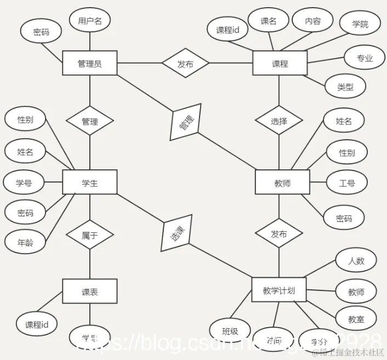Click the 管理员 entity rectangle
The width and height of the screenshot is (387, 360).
pos(90,64)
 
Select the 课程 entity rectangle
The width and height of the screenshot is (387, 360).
pos(280,64)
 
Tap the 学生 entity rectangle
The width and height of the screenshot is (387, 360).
pos(90,182)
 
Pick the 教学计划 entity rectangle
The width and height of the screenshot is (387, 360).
pos(278,290)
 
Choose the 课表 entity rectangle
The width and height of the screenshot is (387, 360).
pos(90,292)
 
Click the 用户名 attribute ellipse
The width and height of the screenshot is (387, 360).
pos(90,21)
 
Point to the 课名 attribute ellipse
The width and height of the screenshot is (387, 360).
pos(269,21)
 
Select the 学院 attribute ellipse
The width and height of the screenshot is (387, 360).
pos(360,24)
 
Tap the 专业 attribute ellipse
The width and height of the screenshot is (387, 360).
pos(365,58)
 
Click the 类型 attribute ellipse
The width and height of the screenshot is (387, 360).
pos(345,87)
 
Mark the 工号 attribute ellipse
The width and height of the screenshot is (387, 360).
pos(347,182)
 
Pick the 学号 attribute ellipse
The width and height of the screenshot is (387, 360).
pos(24,182)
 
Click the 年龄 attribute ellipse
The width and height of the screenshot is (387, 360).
pos(25,242)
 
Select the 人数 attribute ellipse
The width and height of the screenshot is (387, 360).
pos(356,261)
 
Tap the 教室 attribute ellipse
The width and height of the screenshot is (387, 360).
pos(356,319)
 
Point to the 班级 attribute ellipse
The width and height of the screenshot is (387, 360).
pos(230,331)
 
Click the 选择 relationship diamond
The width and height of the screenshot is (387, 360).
pos(279,121)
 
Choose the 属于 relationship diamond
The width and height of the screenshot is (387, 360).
pos(90,236)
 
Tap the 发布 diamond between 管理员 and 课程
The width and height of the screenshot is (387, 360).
pos(185,64)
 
